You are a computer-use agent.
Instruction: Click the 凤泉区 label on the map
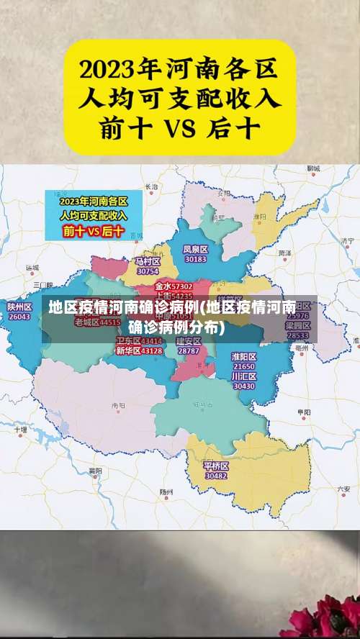point(195,249)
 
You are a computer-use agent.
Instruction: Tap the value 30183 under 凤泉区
point(195,259)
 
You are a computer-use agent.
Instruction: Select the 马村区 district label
point(148,261)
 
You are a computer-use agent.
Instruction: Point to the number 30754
point(148,271)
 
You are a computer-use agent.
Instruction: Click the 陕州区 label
point(19,307)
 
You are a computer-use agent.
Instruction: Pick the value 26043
point(19,317)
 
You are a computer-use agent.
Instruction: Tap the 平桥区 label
point(216,466)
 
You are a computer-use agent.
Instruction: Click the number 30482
point(216,476)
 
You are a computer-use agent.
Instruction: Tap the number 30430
point(244,386)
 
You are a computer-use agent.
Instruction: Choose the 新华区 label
point(128,350)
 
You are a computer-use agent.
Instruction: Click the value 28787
point(189,350)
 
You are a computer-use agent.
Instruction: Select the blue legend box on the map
point(93,214)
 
